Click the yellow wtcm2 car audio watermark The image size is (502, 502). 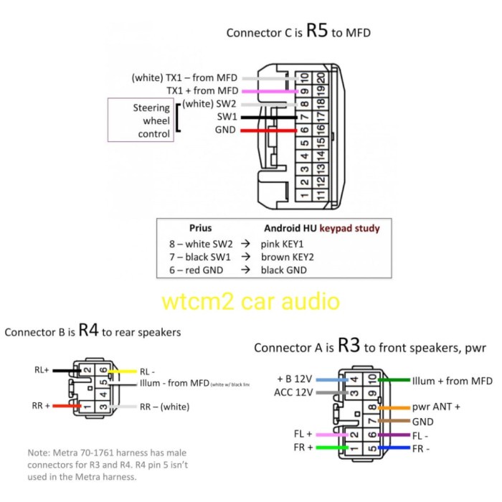click(x=250, y=300)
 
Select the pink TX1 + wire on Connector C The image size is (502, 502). click(x=270, y=91)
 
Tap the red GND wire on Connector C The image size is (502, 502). click(x=270, y=131)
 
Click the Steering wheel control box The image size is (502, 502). click(x=140, y=120)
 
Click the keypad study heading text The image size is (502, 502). click(x=350, y=228)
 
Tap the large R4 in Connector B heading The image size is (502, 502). click(x=88, y=331)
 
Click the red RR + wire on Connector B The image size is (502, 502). click(x=67, y=406)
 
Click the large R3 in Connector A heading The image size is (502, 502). click(x=349, y=346)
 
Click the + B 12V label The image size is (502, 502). click(x=293, y=379)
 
